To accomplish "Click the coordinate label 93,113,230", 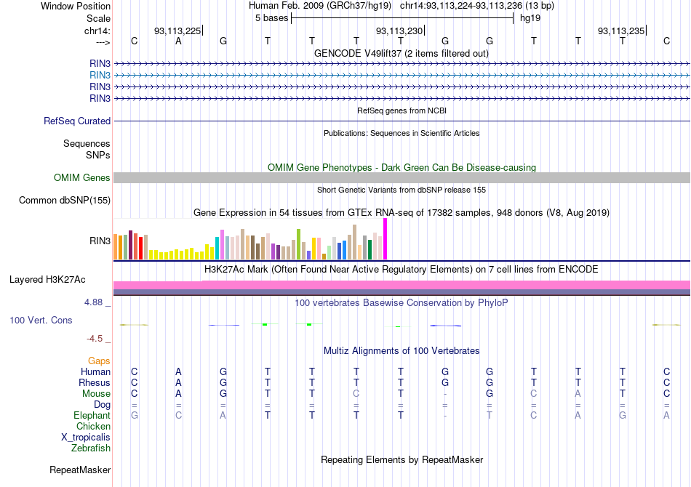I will [399, 31].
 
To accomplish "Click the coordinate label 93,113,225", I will [177, 31].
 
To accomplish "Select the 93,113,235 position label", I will [620, 31].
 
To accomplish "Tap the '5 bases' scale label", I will [271, 18].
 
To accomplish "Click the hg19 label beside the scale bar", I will [529, 18].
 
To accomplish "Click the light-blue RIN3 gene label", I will [100, 75].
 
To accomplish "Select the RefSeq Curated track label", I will [77, 121].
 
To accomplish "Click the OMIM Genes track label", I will [82, 177].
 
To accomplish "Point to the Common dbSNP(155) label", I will [65, 201].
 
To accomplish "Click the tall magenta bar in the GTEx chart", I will [385, 238].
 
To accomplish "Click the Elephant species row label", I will [92, 415].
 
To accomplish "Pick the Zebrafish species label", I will [91, 448].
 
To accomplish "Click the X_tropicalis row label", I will [86, 438].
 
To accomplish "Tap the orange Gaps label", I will [99, 361].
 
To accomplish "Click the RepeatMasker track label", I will [79, 470].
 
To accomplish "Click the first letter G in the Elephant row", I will [134, 415].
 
